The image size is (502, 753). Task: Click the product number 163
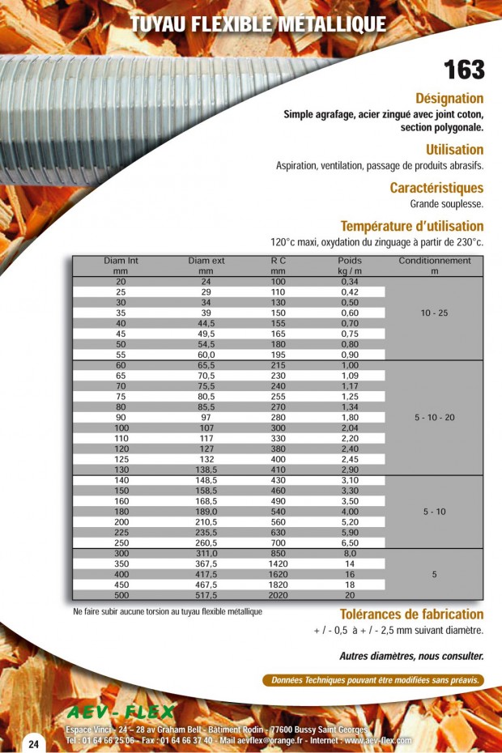pyautogui.click(x=464, y=70)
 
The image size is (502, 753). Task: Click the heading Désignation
pyautogui.click(x=449, y=98)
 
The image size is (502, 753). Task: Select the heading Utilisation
pyautogui.click(x=454, y=150)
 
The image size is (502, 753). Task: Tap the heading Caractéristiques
pyautogui.click(x=436, y=188)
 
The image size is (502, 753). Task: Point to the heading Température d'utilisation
pyautogui.click(x=411, y=226)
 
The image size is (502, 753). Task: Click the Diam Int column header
pyautogui.click(x=121, y=266)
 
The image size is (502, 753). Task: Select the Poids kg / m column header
pyautogui.click(x=350, y=266)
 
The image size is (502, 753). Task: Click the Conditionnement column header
pyautogui.click(x=434, y=266)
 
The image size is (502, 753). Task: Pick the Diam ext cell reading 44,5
pyautogui.click(x=206, y=323)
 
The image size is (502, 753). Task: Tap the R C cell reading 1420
pyautogui.click(x=279, y=564)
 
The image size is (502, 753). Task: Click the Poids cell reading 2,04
pyautogui.click(x=350, y=428)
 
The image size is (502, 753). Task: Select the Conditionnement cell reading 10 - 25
pyautogui.click(x=434, y=313)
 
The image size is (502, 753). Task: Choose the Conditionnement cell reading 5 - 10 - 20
pyautogui.click(x=434, y=417)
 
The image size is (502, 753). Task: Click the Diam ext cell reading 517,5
pyautogui.click(x=206, y=594)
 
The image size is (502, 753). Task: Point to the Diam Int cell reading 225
pyautogui.click(x=121, y=533)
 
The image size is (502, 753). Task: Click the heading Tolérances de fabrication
pyautogui.click(x=411, y=615)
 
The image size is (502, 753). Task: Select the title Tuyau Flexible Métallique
pyautogui.click(x=258, y=25)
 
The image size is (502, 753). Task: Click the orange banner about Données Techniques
pyautogui.click(x=373, y=680)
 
